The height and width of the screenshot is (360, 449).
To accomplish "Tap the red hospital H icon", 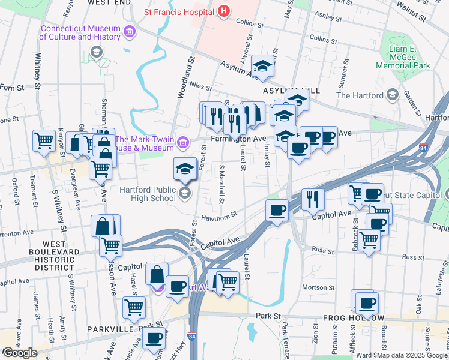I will [x=223, y=10].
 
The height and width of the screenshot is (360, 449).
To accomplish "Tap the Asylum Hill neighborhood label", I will [x=283, y=89].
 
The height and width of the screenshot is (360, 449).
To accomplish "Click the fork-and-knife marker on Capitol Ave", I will [x=312, y=200].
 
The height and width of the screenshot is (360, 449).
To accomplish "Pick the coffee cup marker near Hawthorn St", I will [x=277, y=211].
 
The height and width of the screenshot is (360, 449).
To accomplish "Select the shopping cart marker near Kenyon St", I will [x=44, y=141].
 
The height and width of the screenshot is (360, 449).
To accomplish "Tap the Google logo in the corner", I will [x=20, y=353].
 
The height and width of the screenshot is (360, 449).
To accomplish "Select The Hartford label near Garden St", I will [x=360, y=95].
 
